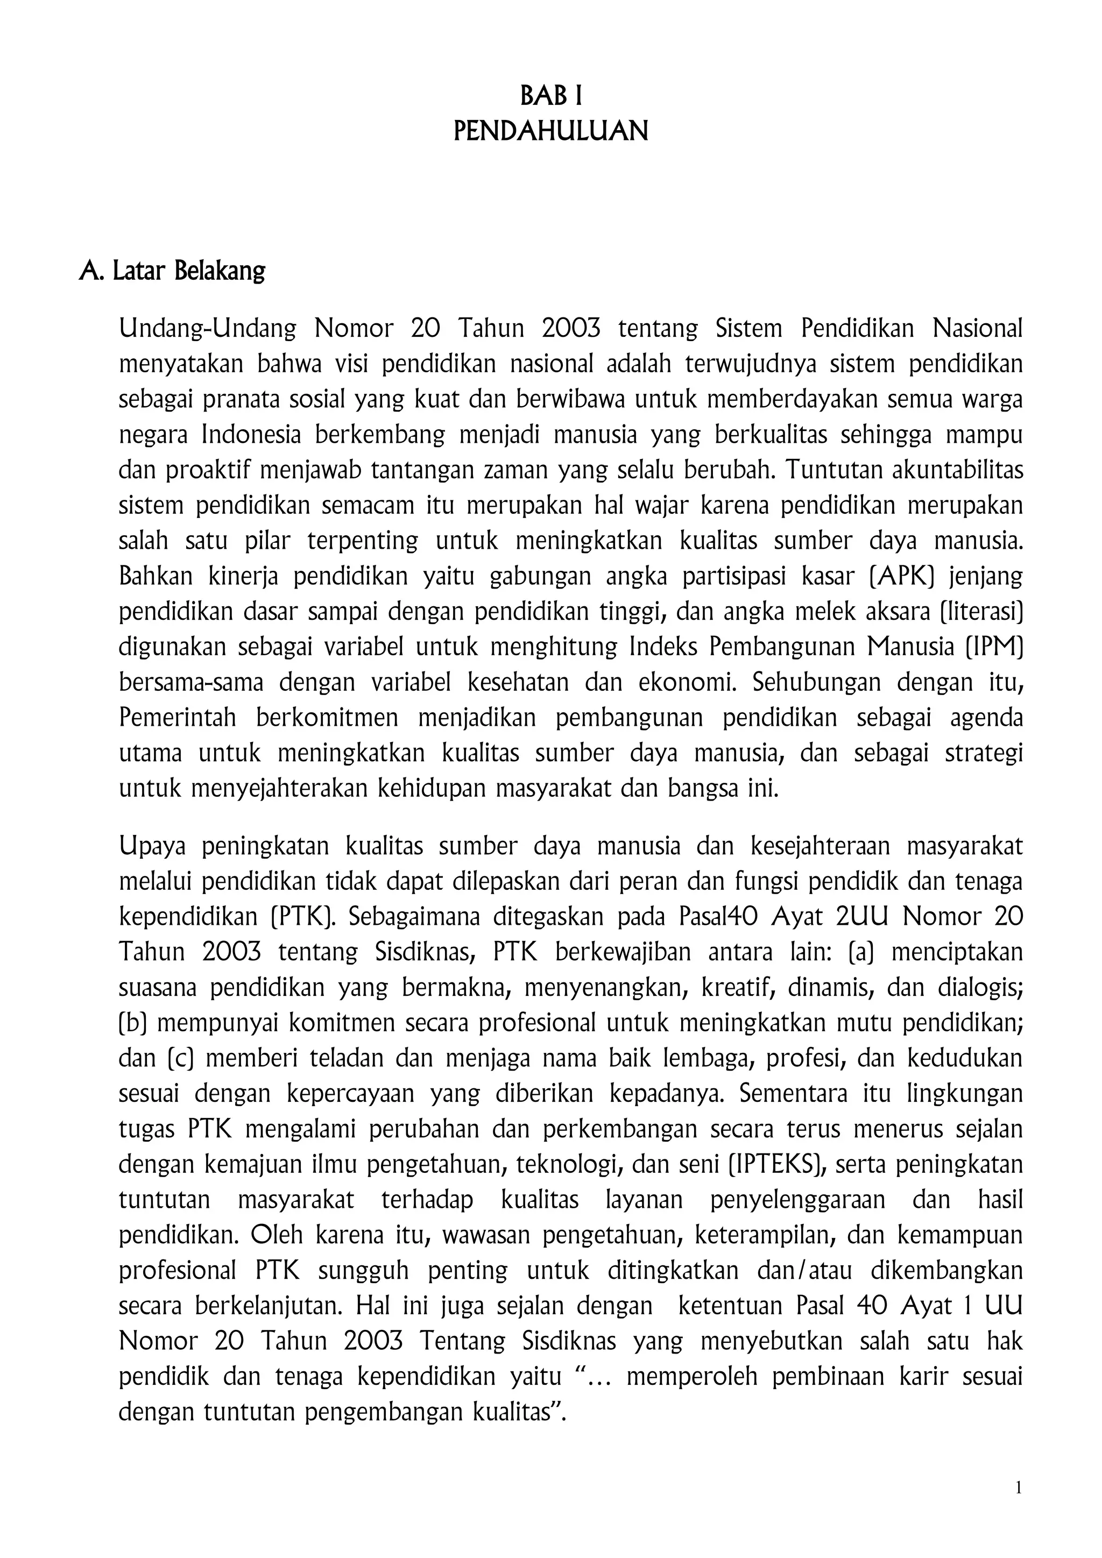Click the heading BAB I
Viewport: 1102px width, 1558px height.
[550, 97]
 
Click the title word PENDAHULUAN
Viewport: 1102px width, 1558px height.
[550, 131]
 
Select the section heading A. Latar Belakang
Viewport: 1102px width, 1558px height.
[172, 271]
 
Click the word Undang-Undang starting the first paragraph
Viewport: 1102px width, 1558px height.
[208, 329]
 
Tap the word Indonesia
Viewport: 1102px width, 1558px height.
[251, 435]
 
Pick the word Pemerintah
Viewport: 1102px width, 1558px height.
[178, 718]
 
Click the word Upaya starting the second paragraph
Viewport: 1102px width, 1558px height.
[151, 847]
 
